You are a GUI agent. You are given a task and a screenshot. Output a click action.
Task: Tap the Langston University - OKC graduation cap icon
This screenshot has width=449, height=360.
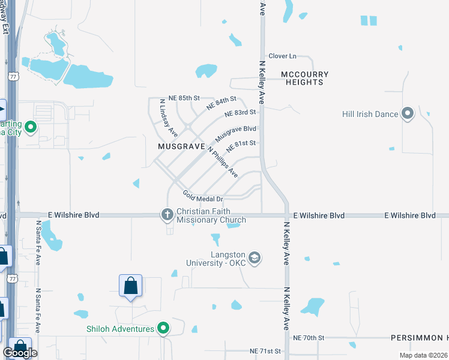click(254, 257)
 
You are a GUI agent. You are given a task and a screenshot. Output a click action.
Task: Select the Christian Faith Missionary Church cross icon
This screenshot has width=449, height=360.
click(167, 214)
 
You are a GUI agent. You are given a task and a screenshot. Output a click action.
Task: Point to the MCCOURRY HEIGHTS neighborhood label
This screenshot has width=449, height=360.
click(305, 78)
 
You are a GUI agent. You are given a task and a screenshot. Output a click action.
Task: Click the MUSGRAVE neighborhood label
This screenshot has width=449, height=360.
click(178, 146)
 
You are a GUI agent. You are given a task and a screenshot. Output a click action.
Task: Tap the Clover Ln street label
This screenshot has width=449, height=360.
click(283, 56)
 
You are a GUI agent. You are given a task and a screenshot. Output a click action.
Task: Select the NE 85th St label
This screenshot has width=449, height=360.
click(184, 98)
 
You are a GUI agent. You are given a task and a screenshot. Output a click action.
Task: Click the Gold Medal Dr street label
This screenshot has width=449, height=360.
click(203, 196)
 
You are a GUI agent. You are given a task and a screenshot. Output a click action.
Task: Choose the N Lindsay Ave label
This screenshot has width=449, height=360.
click(168, 118)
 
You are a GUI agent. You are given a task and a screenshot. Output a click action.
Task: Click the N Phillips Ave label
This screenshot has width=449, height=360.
click(222, 161)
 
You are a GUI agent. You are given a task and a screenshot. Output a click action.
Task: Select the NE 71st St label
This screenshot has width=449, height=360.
click(265, 350)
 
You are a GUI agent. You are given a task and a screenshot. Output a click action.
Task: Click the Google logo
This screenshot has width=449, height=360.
click(20, 353)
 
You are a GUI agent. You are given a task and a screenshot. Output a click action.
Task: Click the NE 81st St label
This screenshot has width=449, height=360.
click(241, 146)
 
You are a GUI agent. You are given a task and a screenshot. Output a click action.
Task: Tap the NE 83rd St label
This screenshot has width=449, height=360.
click(240, 113)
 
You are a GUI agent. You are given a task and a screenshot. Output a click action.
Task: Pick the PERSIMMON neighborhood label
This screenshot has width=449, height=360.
click(416, 338)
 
